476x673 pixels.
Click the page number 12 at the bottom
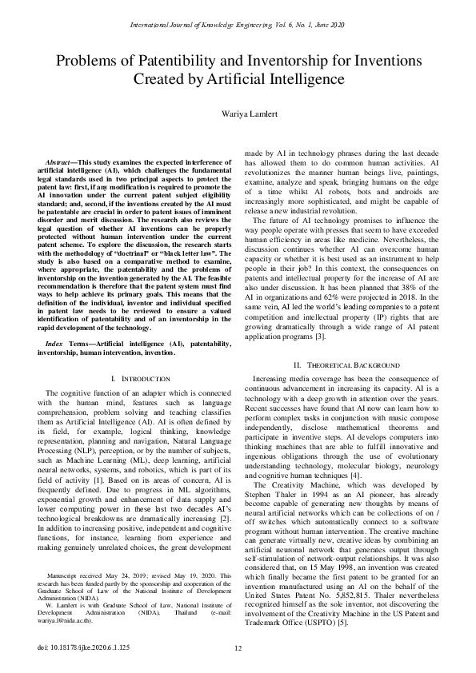(238, 648)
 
